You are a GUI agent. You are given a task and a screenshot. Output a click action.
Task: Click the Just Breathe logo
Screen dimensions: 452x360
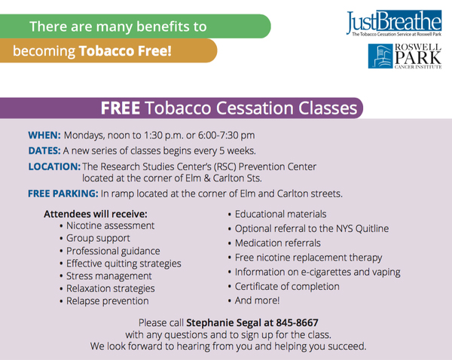point(394,23)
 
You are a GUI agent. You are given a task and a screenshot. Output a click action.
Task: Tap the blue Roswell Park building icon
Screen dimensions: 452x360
point(380,56)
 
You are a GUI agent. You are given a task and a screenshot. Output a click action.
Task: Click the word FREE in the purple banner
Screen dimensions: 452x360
point(121,108)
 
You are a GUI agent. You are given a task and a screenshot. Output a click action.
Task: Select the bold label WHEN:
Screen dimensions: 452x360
point(44,135)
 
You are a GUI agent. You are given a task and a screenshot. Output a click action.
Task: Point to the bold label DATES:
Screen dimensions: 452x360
point(44,151)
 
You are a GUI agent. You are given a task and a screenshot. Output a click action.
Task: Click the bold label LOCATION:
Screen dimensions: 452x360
point(54,166)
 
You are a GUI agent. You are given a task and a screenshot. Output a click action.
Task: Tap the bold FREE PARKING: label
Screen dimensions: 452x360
point(63,194)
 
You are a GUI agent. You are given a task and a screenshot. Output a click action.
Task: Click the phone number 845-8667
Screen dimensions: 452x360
point(297,322)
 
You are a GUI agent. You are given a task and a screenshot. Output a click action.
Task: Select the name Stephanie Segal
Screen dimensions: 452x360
point(224,322)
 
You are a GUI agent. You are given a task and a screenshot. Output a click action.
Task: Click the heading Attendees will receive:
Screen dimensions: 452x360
point(96,214)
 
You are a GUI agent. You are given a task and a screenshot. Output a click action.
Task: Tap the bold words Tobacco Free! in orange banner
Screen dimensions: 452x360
point(125,51)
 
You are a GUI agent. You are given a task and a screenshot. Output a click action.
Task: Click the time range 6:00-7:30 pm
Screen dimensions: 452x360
point(226,135)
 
